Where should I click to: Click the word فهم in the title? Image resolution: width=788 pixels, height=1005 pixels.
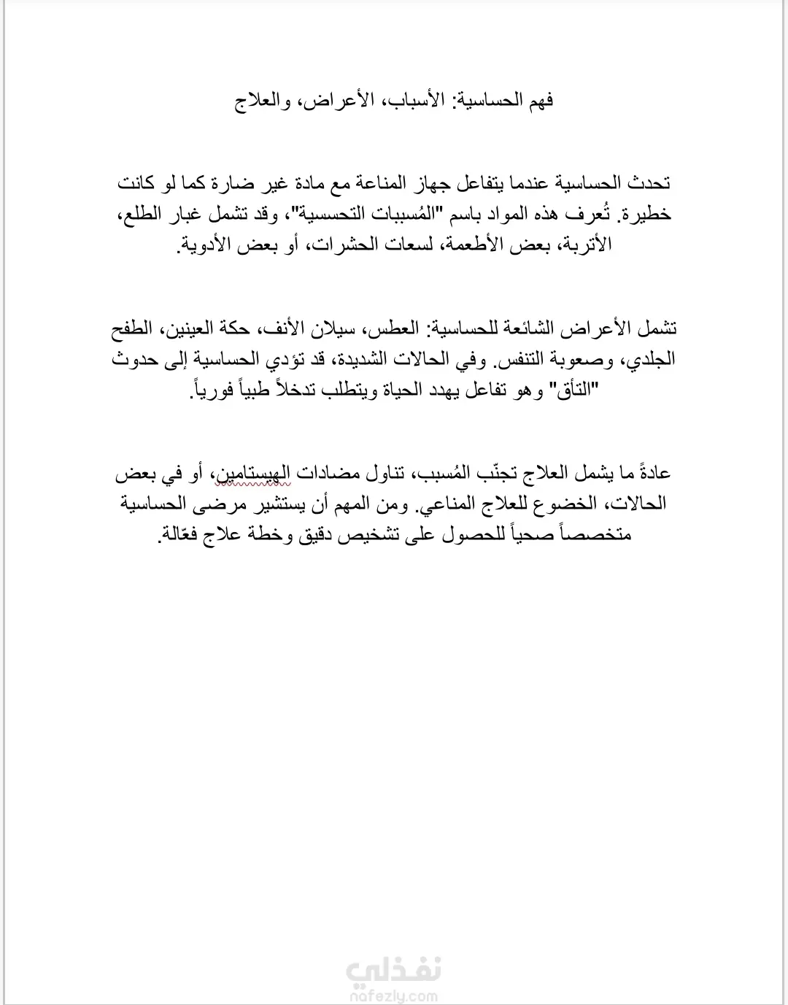[538, 100]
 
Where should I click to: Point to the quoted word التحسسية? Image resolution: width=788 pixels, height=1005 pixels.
[340, 214]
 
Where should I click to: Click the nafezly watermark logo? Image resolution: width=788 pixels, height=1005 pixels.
[393, 969]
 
